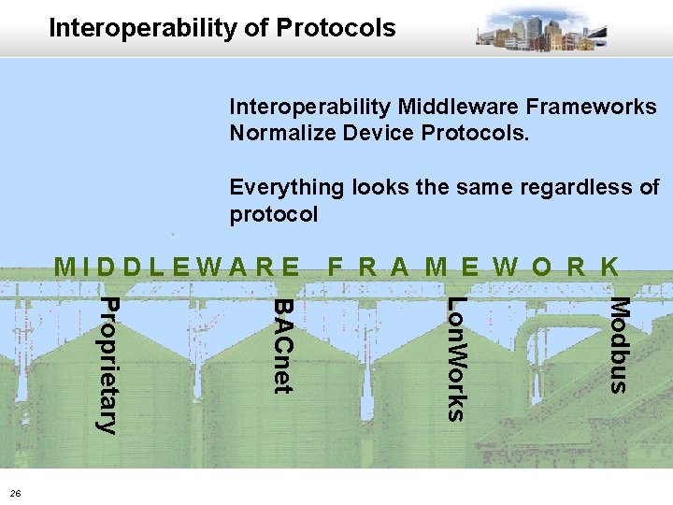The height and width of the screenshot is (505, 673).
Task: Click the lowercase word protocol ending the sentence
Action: [x=273, y=214]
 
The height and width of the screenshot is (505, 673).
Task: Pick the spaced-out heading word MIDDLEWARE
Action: [x=178, y=267]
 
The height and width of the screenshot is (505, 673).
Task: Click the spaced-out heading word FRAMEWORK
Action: [x=473, y=267]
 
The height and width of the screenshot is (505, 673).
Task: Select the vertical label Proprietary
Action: [x=108, y=366]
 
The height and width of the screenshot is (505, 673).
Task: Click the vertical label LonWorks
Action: [x=454, y=358]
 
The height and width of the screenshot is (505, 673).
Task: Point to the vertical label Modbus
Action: [x=620, y=344]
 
